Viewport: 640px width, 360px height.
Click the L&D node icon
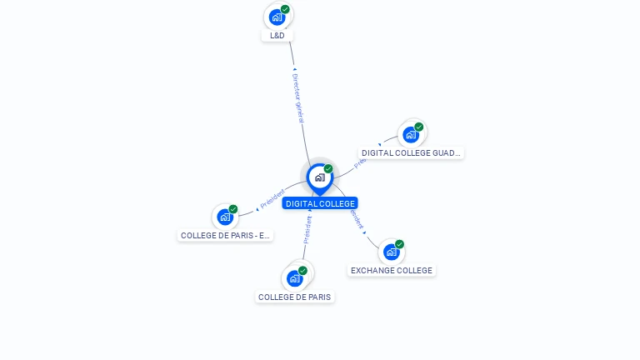(277, 17)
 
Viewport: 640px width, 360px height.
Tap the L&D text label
(277, 36)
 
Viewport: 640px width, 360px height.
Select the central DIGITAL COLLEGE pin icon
(319, 177)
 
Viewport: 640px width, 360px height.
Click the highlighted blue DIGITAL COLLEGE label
(320, 203)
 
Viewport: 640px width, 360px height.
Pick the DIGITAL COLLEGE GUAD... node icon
(411, 134)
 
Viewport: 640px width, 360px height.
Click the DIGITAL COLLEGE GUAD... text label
(411, 153)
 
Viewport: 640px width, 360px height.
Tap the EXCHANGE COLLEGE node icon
(392, 252)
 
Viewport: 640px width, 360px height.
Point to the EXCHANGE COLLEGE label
(392, 271)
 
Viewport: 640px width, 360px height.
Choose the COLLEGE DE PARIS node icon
(295, 277)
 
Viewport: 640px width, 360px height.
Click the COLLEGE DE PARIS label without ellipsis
(295, 297)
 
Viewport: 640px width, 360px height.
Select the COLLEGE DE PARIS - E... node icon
(225, 217)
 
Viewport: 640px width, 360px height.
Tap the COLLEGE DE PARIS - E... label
(226, 236)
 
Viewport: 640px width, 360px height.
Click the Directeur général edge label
(297, 97)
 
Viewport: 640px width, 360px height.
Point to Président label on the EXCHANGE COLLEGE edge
(357, 219)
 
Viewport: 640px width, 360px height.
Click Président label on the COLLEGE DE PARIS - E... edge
(272, 198)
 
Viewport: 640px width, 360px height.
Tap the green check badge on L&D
(285, 9)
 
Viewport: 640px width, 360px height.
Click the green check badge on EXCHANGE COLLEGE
(399, 244)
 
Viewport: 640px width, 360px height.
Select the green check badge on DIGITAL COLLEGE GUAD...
(418, 127)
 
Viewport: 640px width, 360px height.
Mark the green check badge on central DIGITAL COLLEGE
(328, 168)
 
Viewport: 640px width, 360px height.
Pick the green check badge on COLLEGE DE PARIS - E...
(233, 209)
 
